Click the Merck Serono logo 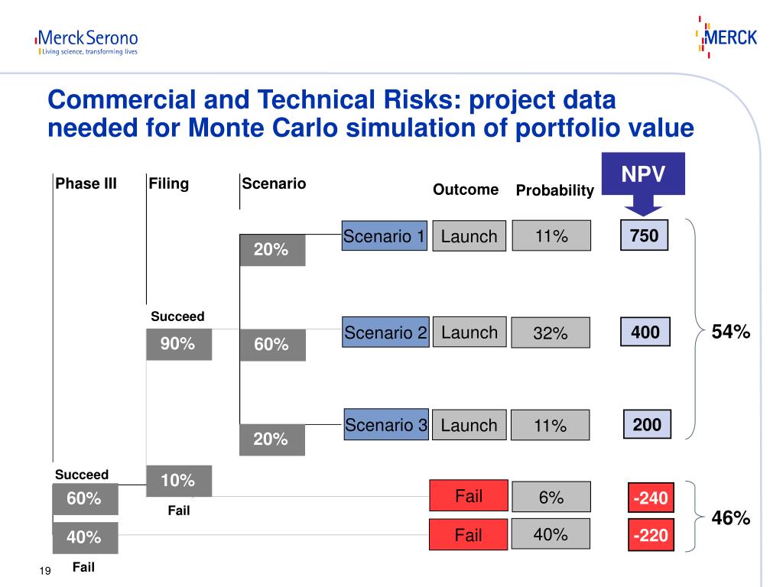click(x=86, y=42)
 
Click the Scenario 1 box click(x=384, y=236)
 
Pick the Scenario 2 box click(x=385, y=332)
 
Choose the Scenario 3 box click(x=385, y=425)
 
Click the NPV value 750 click(x=644, y=236)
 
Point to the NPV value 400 click(x=645, y=332)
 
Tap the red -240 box click(x=649, y=499)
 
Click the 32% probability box click(x=551, y=332)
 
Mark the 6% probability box click(x=551, y=497)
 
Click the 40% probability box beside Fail click(x=551, y=534)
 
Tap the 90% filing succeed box click(x=178, y=345)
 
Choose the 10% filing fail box click(x=178, y=481)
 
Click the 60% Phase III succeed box click(x=84, y=498)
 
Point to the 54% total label click(x=731, y=332)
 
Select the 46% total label click(x=731, y=518)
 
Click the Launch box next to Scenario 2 click(x=469, y=332)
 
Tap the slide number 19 click(x=44, y=572)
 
